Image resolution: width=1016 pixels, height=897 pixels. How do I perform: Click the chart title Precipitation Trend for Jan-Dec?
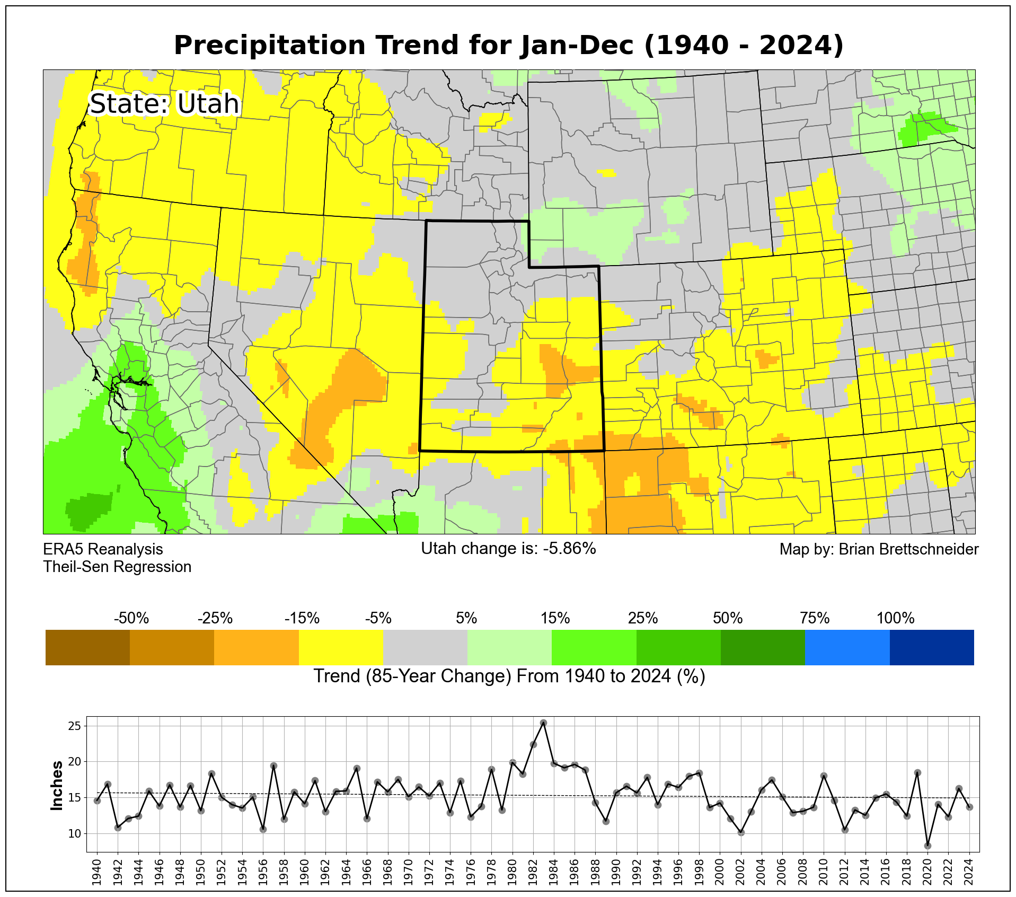508,46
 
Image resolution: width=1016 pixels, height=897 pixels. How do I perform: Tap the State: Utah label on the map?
164,104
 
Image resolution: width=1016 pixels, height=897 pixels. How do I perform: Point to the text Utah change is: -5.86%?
508,548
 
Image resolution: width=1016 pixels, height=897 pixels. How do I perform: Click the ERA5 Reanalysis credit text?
103,549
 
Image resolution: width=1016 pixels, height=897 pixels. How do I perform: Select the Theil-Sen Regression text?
117,567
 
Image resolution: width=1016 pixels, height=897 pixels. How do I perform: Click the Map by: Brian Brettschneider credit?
879,549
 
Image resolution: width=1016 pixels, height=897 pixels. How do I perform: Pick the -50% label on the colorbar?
131,618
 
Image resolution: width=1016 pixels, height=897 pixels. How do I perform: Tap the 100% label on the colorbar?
895,618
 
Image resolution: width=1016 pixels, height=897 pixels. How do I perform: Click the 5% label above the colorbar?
466,618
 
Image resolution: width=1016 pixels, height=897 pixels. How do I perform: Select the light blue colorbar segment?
847,647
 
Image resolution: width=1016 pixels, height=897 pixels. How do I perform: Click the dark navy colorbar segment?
931,647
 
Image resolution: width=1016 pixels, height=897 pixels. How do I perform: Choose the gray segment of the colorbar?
425,647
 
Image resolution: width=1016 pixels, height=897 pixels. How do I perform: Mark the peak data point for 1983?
543,723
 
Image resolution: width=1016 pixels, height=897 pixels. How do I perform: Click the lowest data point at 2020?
927,846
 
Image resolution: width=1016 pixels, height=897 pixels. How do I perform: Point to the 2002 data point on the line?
741,832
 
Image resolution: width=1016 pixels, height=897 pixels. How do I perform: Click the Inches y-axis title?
57,786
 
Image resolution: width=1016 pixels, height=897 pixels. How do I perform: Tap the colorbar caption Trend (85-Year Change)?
509,676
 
